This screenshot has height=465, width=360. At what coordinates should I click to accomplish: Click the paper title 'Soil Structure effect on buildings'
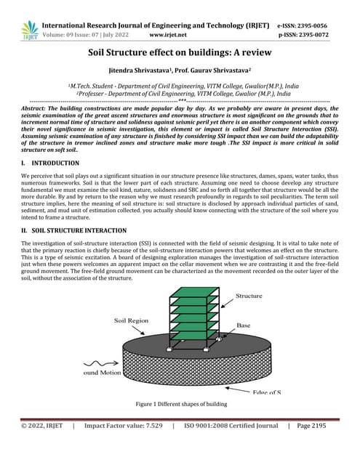[x=180, y=53]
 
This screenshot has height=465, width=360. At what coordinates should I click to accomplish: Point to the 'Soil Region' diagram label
[x=133, y=320]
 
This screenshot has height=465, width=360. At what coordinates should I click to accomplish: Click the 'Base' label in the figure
[x=244, y=325]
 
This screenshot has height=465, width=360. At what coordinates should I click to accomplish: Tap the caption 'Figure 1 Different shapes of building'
[x=180, y=404]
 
